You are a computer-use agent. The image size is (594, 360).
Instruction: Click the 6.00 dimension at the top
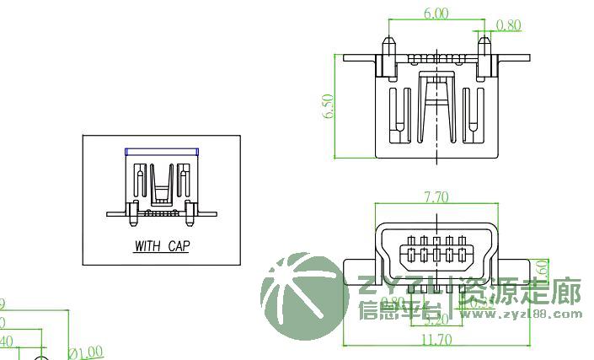(436, 13)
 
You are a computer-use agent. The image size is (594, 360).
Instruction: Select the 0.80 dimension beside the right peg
(509, 25)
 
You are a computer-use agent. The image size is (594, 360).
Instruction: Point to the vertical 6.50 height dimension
(329, 106)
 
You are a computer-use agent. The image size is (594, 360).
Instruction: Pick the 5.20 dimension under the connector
(435, 320)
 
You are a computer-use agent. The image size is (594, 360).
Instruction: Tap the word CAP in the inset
(179, 247)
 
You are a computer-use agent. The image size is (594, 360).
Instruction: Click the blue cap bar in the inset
(162, 151)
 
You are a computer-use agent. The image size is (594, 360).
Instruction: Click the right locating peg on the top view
(485, 44)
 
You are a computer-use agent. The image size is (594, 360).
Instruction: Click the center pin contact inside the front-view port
(436, 252)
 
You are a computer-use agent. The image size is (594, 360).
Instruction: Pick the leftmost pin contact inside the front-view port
(412, 252)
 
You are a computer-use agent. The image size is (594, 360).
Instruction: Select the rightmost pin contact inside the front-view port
(461, 252)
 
